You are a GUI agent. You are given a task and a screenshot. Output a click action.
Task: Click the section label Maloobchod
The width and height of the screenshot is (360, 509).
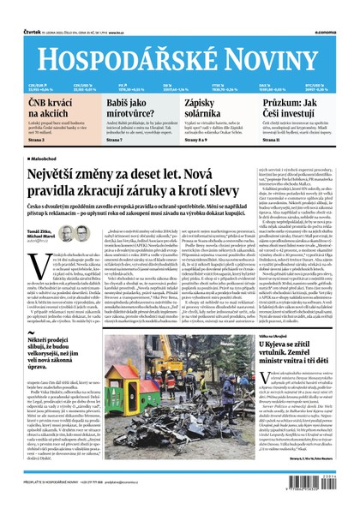[51, 158]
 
